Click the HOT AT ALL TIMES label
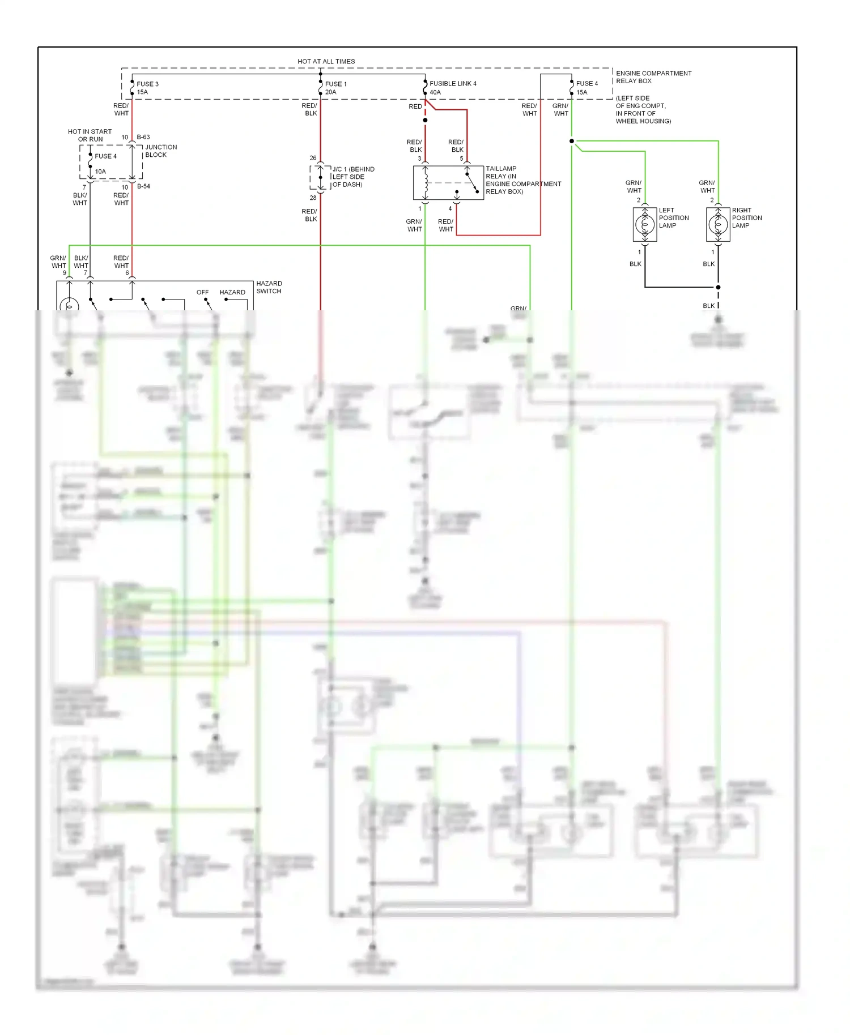click(326, 61)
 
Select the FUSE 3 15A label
click(147, 88)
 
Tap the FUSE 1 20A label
click(335, 88)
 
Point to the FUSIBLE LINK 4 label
click(452, 83)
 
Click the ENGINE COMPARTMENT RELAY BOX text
click(653, 77)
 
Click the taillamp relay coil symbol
click(426, 182)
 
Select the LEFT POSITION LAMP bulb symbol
click(645, 225)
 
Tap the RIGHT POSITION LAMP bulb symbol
click(718, 225)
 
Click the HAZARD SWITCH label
click(269, 287)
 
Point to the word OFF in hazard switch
click(202, 292)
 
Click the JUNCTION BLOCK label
click(160, 151)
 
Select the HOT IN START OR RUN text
click(90, 135)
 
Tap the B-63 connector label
click(143, 137)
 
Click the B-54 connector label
click(143, 186)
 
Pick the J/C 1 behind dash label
click(352, 177)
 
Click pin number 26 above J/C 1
click(313, 158)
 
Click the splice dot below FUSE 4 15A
click(571, 141)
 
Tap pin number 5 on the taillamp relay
click(461, 159)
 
